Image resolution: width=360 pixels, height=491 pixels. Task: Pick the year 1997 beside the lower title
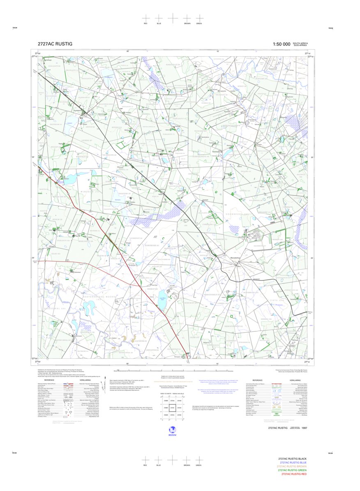304,428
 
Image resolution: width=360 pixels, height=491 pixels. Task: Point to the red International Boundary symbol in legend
274,383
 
